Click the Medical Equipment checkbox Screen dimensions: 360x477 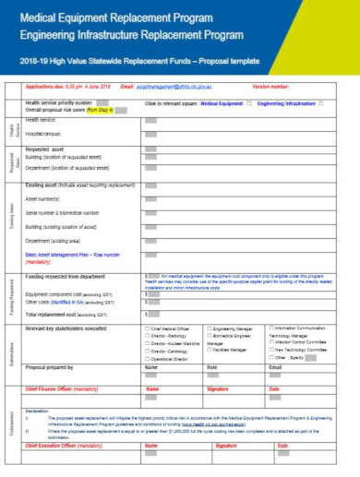248,104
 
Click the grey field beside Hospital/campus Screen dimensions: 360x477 150,135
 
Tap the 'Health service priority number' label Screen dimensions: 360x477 59,103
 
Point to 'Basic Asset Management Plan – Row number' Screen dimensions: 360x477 73,254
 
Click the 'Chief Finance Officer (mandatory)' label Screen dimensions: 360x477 65,389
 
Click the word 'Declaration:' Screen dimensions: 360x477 38,410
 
